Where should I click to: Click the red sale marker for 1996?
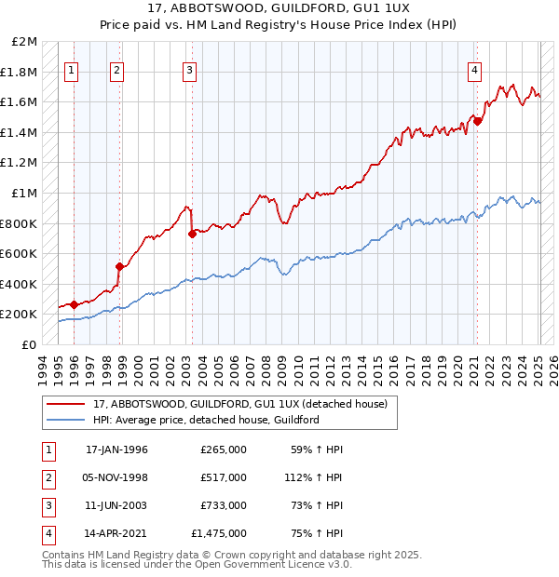click(74, 303)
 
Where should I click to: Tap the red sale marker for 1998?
click(119, 266)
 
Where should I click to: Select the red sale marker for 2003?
click(192, 234)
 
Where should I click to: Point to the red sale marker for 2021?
click(477, 120)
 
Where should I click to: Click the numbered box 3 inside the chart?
click(189, 68)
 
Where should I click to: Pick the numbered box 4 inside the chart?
click(474, 68)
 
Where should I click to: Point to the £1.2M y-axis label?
click(20, 163)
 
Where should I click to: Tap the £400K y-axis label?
click(20, 284)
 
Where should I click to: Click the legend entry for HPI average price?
click(206, 420)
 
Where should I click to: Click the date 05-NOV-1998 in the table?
click(116, 477)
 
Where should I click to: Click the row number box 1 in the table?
click(47, 450)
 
